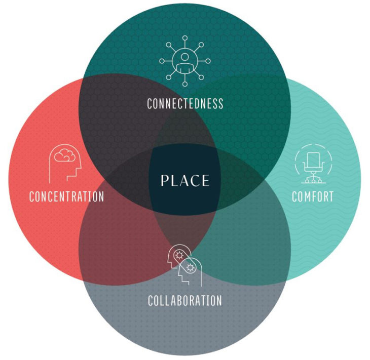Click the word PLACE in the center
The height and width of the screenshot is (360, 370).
(x=185, y=180)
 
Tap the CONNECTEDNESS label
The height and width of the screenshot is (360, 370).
(x=185, y=103)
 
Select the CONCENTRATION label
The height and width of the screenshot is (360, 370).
(x=66, y=196)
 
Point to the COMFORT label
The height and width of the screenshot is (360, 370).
(x=313, y=196)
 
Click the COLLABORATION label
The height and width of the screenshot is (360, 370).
(x=185, y=300)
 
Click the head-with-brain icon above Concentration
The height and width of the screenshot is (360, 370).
(x=65, y=164)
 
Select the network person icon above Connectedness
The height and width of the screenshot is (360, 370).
(x=185, y=61)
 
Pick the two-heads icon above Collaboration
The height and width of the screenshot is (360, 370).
(x=185, y=265)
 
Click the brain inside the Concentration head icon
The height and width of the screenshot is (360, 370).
(x=65, y=155)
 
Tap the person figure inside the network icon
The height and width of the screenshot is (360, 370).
(x=185, y=62)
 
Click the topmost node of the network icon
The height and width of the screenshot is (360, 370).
(x=185, y=37)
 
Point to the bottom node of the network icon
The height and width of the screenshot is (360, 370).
(x=185, y=84)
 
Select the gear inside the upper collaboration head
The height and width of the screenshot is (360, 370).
(x=179, y=255)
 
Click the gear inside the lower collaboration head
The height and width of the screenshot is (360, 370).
(x=190, y=267)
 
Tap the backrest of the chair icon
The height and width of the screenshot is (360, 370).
(x=313, y=159)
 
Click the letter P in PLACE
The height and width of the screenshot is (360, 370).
(x=165, y=181)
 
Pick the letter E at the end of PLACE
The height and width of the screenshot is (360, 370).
(x=205, y=181)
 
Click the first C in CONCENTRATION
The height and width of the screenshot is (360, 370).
(x=32, y=196)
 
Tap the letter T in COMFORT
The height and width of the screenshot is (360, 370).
(x=331, y=196)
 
